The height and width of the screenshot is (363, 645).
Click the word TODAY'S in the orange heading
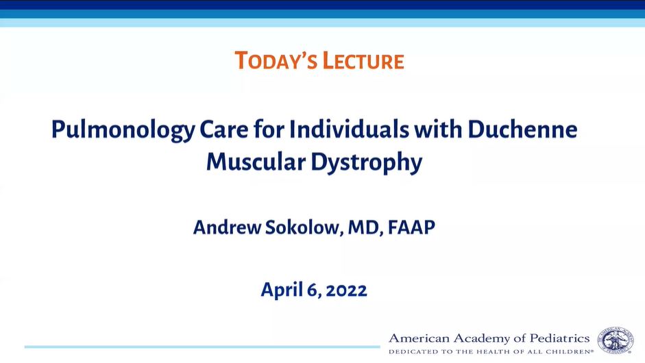[x=276, y=61]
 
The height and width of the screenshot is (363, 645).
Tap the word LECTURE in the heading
[x=363, y=61]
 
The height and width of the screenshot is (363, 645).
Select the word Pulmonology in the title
[x=123, y=130]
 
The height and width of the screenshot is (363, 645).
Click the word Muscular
[x=256, y=162]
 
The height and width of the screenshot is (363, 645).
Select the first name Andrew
[x=227, y=227]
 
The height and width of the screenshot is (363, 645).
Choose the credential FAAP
[x=411, y=227]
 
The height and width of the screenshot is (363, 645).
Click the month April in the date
[x=282, y=290]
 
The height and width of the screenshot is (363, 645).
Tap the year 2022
[x=346, y=290]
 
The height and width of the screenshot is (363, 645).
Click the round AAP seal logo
[x=616, y=340]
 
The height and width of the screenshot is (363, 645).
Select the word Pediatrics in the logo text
[x=559, y=338]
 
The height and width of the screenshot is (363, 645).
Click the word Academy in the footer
[x=484, y=339]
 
